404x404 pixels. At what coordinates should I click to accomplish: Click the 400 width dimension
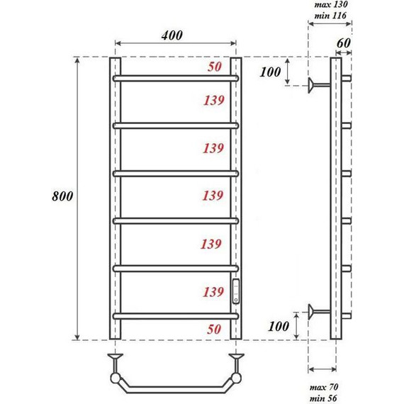click(177, 33)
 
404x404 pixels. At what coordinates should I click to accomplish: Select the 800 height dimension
click(62, 197)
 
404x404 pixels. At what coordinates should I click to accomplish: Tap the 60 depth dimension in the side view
click(344, 43)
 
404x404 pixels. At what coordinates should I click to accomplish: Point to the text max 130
click(327, 5)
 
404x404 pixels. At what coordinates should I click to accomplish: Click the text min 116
click(327, 15)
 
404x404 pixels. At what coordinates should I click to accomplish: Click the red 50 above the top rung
click(216, 67)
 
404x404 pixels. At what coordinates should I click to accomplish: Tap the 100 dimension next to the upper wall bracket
click(269, 72)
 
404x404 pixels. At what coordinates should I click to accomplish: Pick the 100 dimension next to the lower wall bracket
click(269, 327)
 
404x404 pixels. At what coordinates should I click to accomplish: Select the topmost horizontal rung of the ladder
click(177, 76)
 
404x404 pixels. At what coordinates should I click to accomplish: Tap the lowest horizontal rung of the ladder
click(177, 315)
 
